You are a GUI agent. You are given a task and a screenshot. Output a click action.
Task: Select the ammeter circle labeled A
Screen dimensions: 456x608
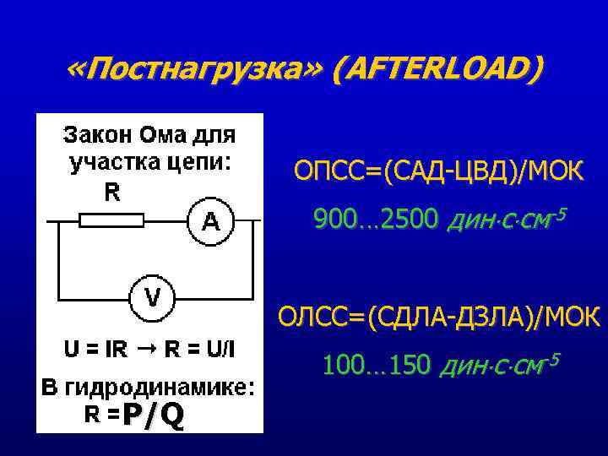pos(211,221)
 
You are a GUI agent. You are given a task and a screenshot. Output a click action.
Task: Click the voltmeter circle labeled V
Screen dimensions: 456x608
pos(152,297)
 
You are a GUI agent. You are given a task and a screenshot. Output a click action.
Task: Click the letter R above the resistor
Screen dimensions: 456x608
pos(111,193)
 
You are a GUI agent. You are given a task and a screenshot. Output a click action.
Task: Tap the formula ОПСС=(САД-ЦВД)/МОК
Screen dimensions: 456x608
pos(437,172)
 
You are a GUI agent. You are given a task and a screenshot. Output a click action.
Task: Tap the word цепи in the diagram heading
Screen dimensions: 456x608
pos(200,162)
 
